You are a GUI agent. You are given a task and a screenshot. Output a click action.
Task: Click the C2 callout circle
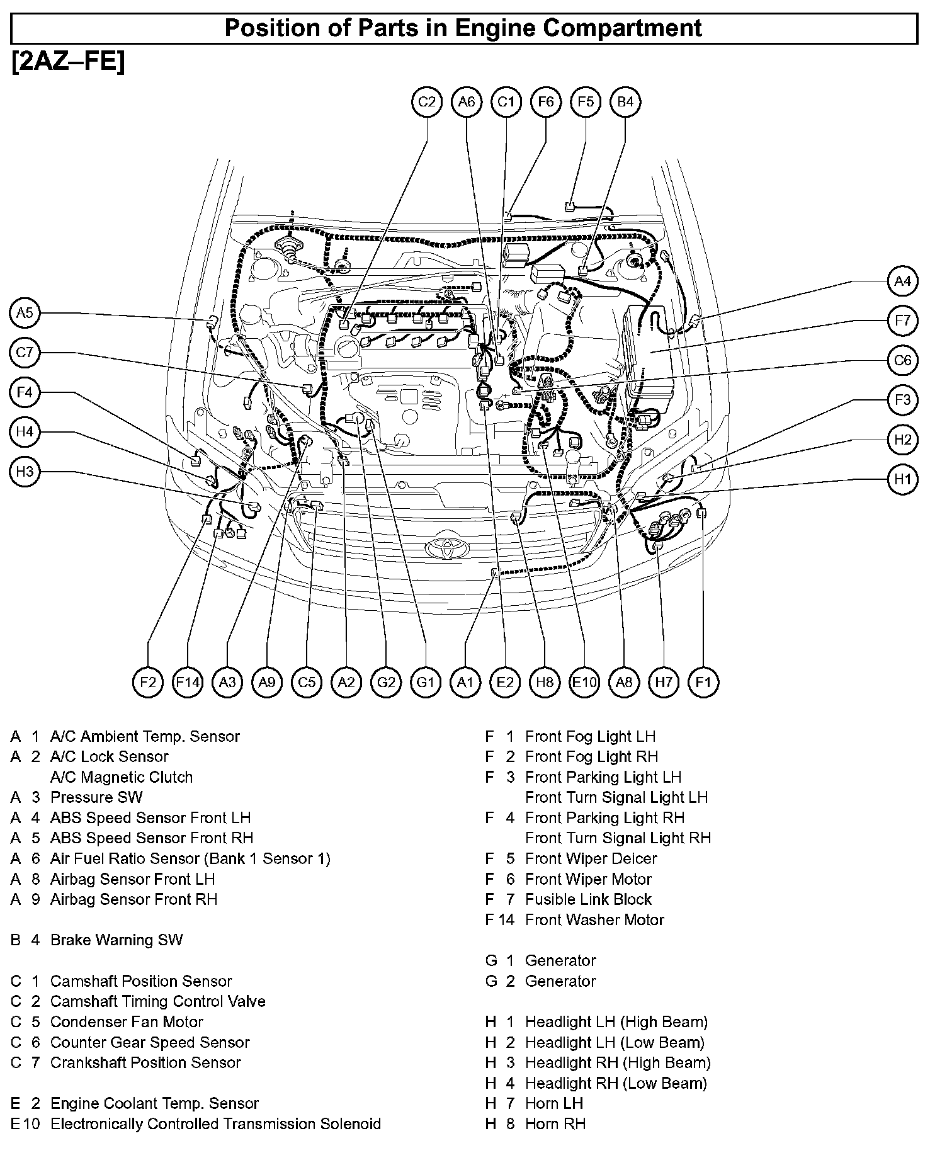427,101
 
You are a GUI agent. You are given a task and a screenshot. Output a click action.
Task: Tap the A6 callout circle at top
467,101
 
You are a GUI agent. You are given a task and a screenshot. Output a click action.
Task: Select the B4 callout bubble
625,101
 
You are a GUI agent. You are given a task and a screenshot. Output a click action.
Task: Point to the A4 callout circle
902,281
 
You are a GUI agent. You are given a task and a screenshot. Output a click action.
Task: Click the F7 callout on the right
902,321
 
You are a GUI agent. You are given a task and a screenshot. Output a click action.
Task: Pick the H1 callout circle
902,479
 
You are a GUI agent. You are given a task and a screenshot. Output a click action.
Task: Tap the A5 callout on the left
25,312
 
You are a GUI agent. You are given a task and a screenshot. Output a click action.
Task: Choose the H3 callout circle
25,472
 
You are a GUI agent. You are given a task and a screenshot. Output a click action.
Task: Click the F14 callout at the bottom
188,681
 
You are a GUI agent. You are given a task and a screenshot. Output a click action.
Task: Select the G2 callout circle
386,681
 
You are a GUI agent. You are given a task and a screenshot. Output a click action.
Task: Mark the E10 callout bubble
584,681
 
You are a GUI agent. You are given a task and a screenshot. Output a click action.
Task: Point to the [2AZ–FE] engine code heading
68,62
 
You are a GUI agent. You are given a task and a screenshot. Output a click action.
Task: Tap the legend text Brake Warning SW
116,940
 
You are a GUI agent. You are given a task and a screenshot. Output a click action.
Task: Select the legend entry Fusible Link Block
588,899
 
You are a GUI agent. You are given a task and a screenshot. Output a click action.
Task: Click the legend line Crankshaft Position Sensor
145,1062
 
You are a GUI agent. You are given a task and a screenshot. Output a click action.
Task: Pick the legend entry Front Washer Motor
594,920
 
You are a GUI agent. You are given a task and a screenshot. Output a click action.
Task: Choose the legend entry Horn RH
555,1123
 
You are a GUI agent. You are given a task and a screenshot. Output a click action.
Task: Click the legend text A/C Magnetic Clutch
122,777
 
